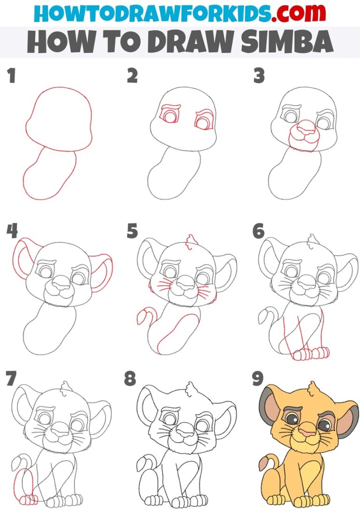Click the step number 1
click(10, 76)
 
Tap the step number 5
click(132, 231)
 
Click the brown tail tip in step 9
click(263, 464)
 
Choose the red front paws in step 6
click(309, 353)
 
